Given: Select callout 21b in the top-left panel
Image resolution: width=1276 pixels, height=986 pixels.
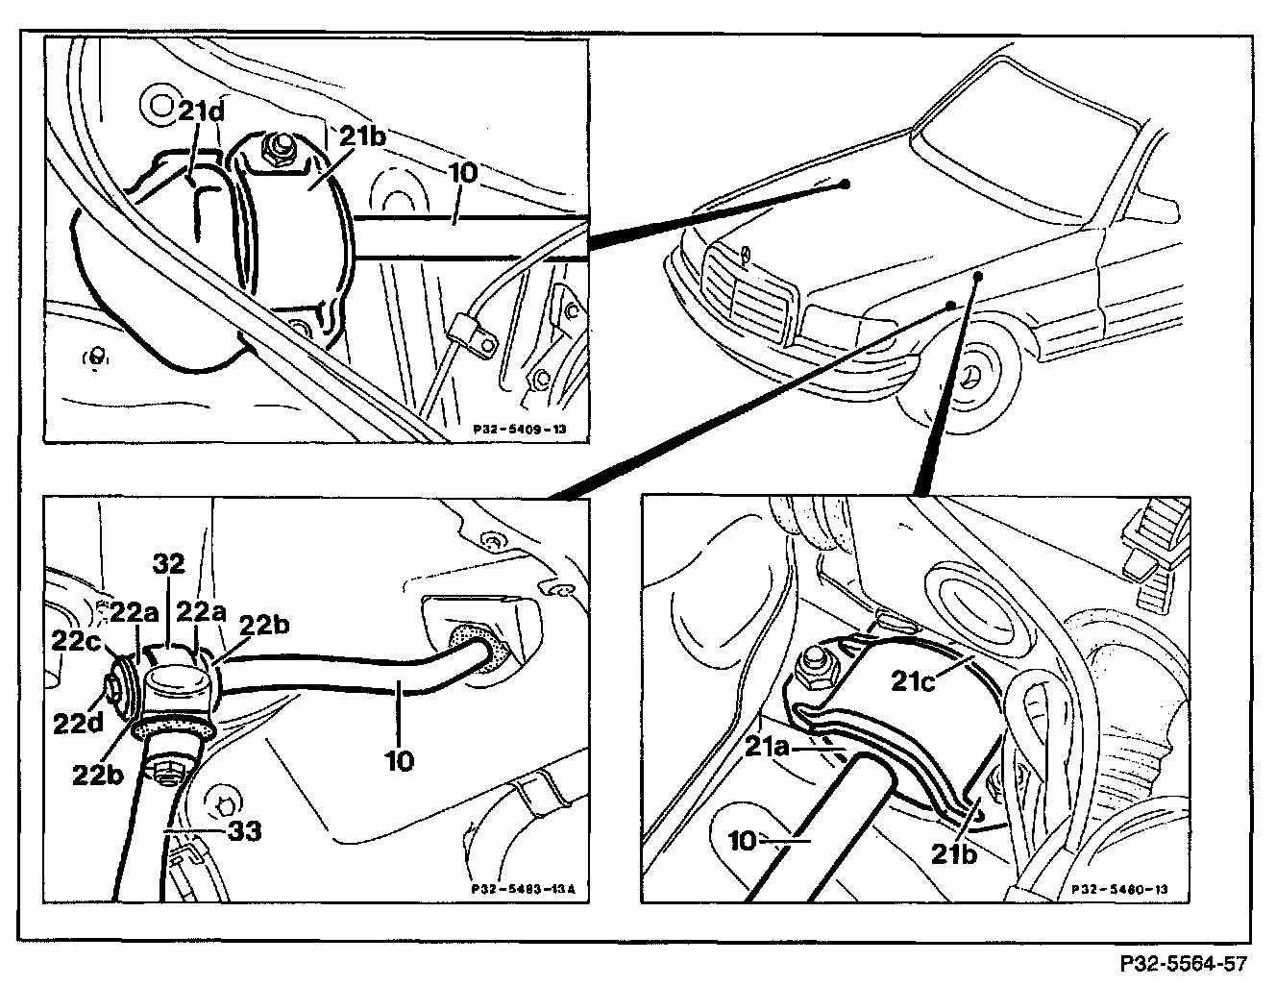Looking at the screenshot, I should [x=364, y=136].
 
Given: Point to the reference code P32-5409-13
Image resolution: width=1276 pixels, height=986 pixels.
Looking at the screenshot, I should [x=520, y=431].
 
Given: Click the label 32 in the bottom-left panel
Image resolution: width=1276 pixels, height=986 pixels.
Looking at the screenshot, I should [x=168, y=565].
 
